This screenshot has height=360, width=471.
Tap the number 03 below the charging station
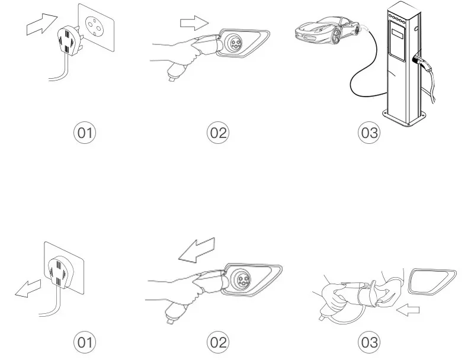point(369,133)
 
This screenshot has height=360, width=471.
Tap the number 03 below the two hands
point(369,342)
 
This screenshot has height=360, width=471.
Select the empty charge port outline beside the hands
point(432,281)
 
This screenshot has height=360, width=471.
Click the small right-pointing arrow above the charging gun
point(194,24)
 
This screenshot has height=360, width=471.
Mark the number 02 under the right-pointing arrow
point(219,133)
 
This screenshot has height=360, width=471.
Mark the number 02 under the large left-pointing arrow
point(219,342)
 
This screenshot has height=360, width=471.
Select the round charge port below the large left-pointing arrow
point(242,278)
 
